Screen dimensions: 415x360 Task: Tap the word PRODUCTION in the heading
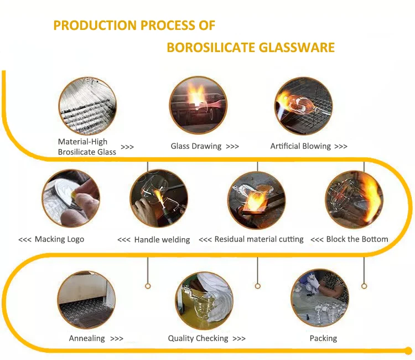coord(95,25)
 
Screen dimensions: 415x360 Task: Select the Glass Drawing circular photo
coord(199,106)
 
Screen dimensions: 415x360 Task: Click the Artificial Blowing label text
coord(300,146)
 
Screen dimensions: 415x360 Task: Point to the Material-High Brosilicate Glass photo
coord(87,106)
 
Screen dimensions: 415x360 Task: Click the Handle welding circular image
coord(159,198)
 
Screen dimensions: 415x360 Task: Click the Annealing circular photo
coord(86,300)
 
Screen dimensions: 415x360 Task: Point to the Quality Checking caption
coord(198,338)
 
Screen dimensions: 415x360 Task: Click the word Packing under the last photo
coord(323,338)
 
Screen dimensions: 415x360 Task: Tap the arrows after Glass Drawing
coord(232,147)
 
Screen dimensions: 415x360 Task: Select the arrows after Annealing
coord(117,338)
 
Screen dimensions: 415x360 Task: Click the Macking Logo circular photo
coord(70,198)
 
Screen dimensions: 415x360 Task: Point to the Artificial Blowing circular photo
coord(303,106)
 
